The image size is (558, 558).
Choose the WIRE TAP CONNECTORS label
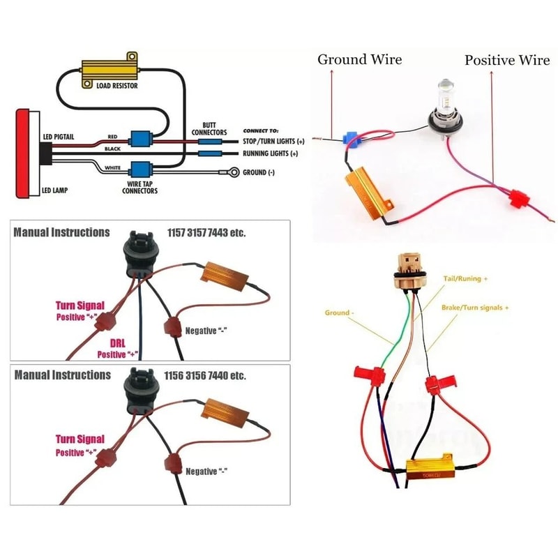tap(139, 187)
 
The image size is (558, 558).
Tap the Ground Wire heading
tap(359, 59)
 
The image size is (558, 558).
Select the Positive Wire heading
tap(507, 60)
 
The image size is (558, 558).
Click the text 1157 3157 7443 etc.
tap(206, 232)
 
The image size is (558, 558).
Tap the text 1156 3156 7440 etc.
tap(206, 375)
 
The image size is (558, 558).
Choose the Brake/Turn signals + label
tap(475, 307)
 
